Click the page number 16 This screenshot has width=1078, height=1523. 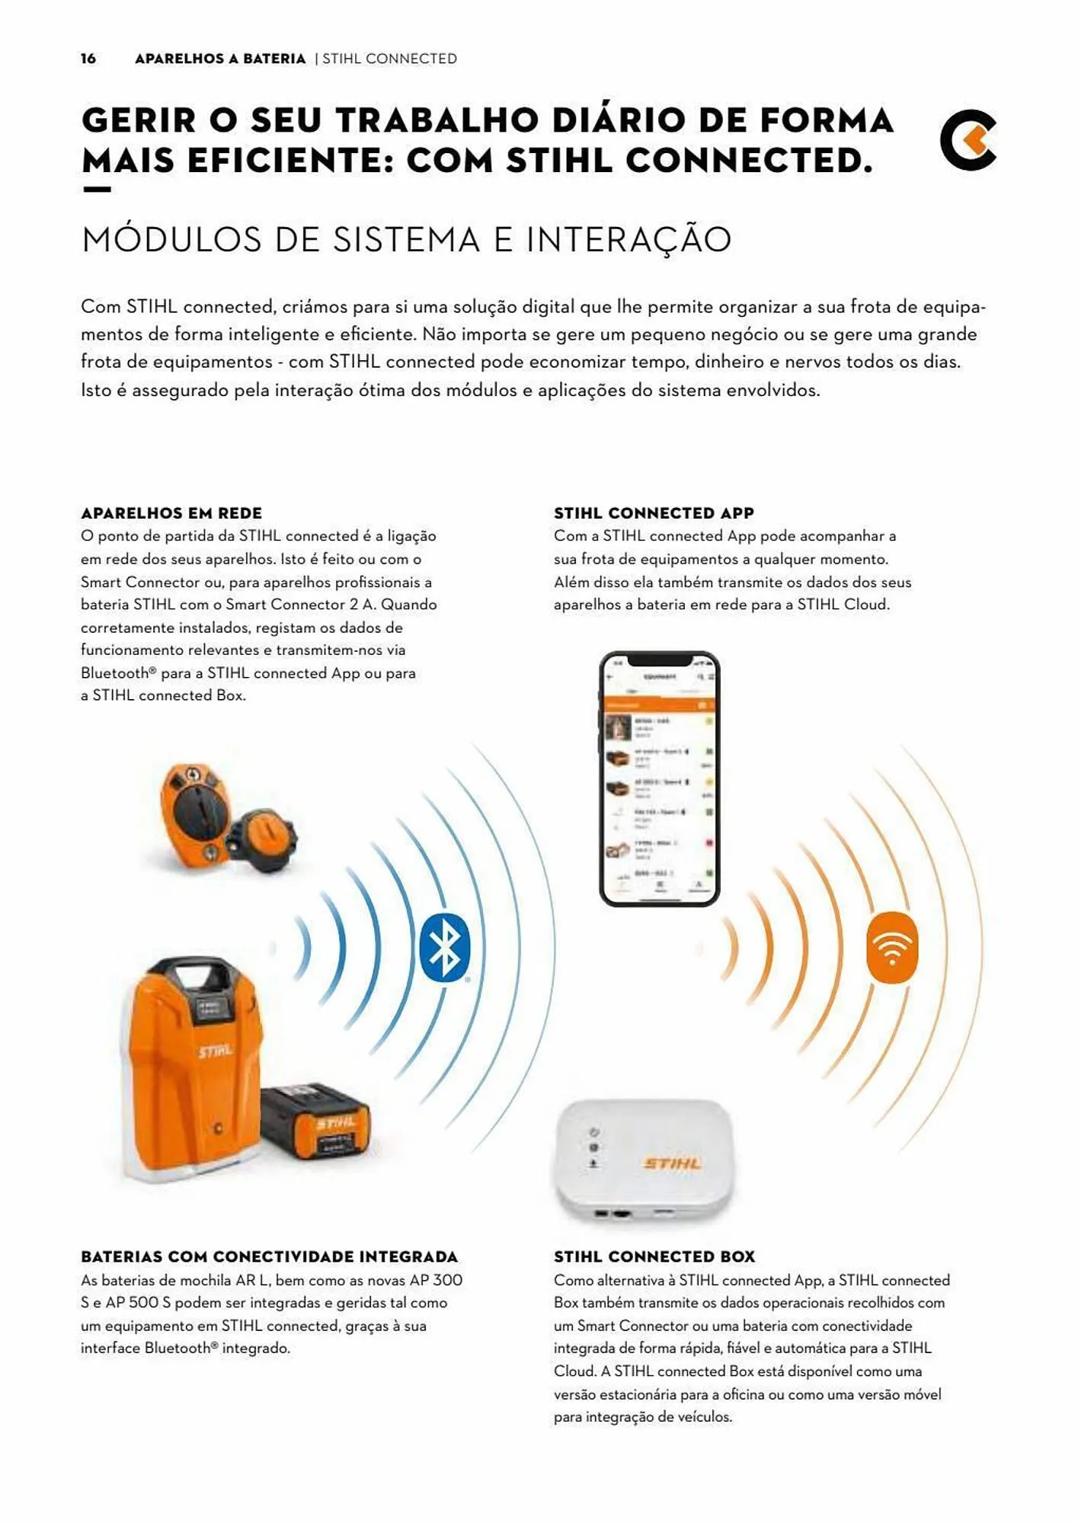[x=88, y=59]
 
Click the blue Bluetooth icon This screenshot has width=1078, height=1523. [x=444, y=947]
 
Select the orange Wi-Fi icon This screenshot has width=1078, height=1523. [x=892, y=947]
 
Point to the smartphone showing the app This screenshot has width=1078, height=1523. [x=660, y=778]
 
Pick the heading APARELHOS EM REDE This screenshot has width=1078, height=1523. [x=171, y=513]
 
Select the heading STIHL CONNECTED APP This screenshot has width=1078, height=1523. [x=654, y=513]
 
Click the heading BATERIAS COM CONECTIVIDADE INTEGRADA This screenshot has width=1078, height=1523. [x=270, y=1257]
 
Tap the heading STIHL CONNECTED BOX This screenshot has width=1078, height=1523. [x=654, y=1257]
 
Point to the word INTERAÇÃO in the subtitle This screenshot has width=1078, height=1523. [x=629, y=239]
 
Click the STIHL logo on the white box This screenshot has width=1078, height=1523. [x=672, y=1163]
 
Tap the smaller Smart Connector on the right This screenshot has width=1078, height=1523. [x=263, y=838]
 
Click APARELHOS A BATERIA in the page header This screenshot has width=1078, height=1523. [x=220, y=59]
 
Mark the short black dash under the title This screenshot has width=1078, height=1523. [x=97, y=190]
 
